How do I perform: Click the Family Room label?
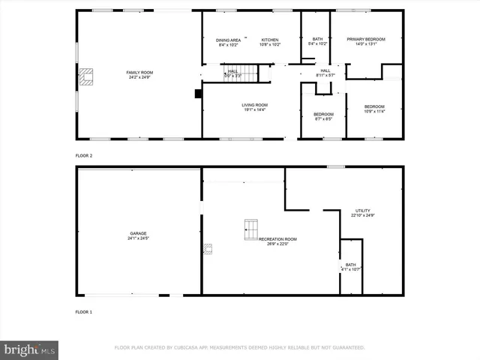coord(139,74)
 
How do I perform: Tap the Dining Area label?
coord(228,42)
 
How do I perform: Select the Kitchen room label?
coord(270,42)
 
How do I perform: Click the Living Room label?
coord(254,107)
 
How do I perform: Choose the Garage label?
coord(137,235)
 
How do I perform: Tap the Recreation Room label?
coord(274,241)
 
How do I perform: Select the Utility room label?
coord(362,213)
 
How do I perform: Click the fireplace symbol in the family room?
coord(86,76)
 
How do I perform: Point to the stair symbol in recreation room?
coord(250,229)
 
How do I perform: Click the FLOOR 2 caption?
coord(83,155)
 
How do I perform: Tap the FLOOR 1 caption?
coord(83,311)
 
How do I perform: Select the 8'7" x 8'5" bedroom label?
coord(323,116)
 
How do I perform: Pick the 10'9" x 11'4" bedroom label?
coord(374,109)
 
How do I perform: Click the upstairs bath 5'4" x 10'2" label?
coord(317,42)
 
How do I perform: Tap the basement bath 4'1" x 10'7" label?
coord(351,267)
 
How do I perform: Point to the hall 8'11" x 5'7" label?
coord(325,73)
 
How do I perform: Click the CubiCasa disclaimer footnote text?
coord(239,347)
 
